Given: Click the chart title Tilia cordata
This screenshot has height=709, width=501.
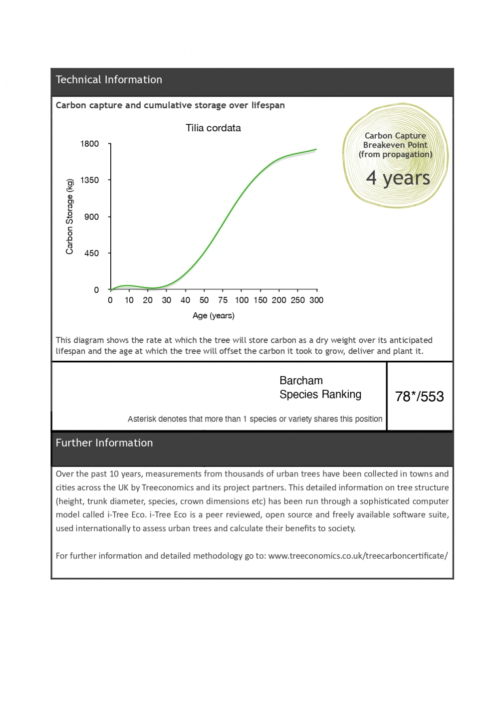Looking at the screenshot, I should click(213, 128).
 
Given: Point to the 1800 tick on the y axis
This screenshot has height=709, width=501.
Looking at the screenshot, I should click(90, 144).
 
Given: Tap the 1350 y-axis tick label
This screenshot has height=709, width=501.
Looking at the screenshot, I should click(90, 180).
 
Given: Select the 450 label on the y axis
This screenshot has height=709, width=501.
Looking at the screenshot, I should click(92, 253).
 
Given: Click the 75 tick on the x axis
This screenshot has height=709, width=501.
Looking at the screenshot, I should click(223, 300).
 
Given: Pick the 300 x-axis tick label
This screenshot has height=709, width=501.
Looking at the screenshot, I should click(316, 300).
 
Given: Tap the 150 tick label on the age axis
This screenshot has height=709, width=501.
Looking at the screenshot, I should click(260, 300).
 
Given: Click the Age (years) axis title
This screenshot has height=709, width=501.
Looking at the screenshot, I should click(214, 315).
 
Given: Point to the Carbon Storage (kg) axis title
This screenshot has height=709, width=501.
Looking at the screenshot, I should click(70, 217).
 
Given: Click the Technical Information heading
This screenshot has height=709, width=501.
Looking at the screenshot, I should click(109, 80).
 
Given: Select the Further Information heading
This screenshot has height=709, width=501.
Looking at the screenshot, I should click(104, 443).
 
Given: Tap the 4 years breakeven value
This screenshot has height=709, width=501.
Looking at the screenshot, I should click(398, 178).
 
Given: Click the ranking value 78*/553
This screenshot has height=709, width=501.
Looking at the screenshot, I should click(419, 397).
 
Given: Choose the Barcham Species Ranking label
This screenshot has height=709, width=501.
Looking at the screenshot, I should click(320, 388).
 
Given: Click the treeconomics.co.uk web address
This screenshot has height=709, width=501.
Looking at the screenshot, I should click(358, 556).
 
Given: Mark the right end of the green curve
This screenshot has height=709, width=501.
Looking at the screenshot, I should click(316, 149).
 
